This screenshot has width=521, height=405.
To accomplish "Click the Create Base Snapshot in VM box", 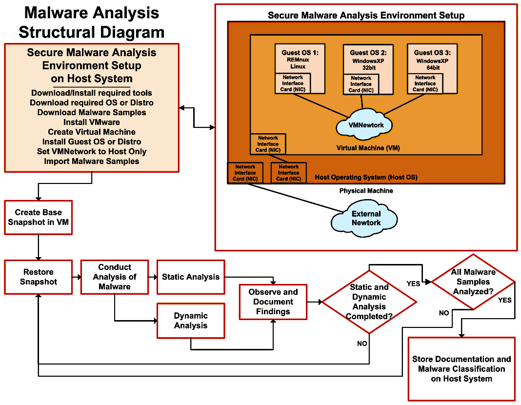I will click(x=38, y=217).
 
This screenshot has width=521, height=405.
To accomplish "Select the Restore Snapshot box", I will click(x=38, y=277).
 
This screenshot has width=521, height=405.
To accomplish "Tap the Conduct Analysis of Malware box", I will click(x=115, y=277).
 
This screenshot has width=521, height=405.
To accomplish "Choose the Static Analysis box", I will click(x=191, y=277).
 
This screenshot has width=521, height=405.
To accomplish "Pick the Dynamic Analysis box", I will click(x=191, y=321).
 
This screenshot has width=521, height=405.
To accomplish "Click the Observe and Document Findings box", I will click(x=273, y=302).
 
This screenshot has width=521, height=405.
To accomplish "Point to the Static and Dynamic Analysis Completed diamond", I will click(x=369, y=302).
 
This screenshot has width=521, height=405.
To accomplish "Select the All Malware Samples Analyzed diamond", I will click(x=473, y=282).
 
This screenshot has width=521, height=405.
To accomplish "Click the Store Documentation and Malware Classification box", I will click(x=461, y=368).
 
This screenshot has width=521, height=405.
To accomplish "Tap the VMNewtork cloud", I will click(x=366, y=125).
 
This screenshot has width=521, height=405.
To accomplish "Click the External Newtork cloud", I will click(x=366, y=218).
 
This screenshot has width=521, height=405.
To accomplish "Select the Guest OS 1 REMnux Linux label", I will click(x=300, y=59).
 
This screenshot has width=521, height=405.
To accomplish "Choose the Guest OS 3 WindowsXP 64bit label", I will click(x=432, y=59).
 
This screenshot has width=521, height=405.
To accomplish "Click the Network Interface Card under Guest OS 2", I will click(x=361, y=84).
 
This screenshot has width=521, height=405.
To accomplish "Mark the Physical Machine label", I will click(x=366, y=191).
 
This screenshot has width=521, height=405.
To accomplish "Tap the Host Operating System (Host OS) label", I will click(x=366, y=177).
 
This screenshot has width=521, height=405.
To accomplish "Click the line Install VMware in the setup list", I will click(x=92, y=122).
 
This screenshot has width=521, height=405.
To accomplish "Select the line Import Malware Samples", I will click(x=92, y=161).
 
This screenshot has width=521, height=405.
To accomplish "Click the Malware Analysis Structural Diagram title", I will click(x=92, y=22).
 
